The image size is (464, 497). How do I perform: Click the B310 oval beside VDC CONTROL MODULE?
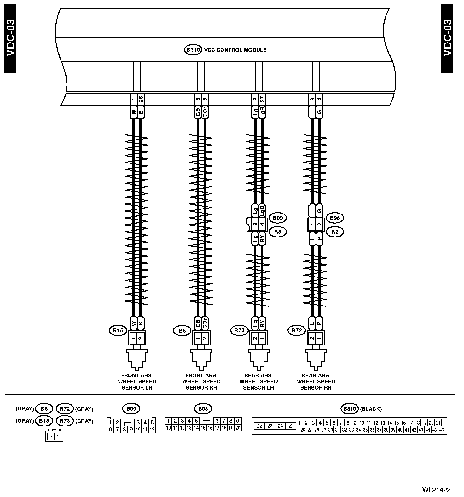pos(193,50)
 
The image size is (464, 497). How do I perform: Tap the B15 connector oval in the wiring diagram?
pos(118,331)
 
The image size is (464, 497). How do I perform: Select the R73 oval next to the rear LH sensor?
pos(240,331)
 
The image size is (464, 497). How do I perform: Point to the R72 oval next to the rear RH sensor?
pos(297,331)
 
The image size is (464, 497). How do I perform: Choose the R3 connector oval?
pos(278,232)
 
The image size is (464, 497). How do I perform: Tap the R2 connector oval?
pos(335,232)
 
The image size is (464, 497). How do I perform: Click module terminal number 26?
pos(141,99)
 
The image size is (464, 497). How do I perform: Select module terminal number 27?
pos(262,99)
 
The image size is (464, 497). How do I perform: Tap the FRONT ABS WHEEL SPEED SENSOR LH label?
pos(137,381)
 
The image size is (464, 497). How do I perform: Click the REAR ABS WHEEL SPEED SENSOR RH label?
pos(316,381)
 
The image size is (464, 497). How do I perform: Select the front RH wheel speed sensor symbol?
pos(201,359)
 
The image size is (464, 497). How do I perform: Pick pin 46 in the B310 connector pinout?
pos(442,430)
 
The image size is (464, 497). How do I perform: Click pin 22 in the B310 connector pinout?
pos(259,426)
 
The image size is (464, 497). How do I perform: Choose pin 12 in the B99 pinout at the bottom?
pos(152,429)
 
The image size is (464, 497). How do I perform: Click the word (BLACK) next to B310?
pos(371,409)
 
